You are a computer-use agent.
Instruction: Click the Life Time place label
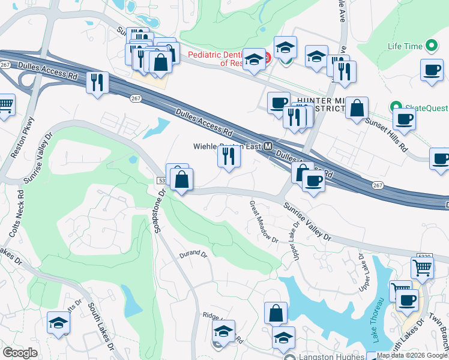pos(405,46)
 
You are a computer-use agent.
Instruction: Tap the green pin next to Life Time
pos(430,46)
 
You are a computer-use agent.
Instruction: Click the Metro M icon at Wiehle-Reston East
pos(268,146)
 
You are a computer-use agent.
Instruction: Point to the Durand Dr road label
pos(193,254)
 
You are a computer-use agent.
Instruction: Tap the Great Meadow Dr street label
pos(264,221)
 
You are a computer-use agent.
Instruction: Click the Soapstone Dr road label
pos(159,211)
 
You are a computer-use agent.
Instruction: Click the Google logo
pos(20,353)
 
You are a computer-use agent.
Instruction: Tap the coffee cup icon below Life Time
pos(432,71)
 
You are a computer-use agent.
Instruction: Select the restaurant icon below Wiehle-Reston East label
pos(229,156)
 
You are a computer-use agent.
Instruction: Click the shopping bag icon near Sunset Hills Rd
pos(357,109)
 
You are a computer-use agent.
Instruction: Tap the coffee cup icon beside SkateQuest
pos(404,118)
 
